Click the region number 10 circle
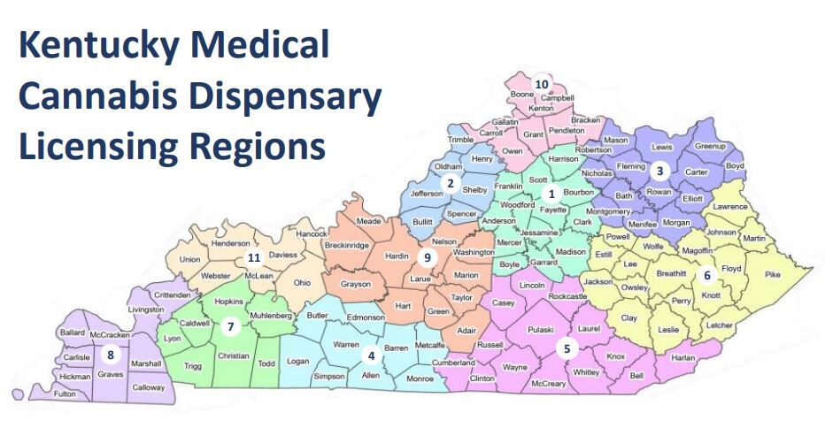(x=542, y=85)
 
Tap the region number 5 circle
(x=567, y=348)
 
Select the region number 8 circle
(x=111, y=355)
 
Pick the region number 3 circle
(x=659, y=170)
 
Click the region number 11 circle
(x=254, y=258)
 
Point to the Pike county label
(x=773, y=275)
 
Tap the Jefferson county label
(x=427, y=193)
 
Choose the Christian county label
(x=234, y=355)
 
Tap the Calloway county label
(x=148, y=387)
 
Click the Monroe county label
(x=419, y=378)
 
